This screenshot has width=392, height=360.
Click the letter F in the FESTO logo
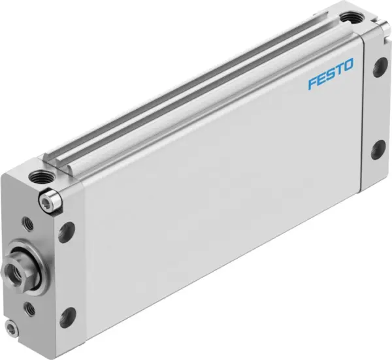pyautogui.click(x=312, y=84)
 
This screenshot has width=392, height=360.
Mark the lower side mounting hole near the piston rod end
pyautogui.click(x=67, y=317)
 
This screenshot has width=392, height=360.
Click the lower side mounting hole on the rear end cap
pyautogui.click(x=378, y=151)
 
